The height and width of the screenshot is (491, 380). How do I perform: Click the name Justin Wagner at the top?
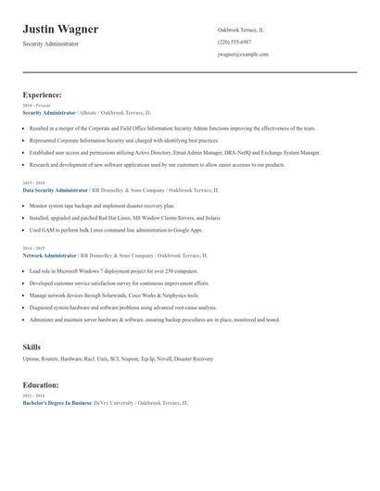pyautogui.click(x=60, y=30)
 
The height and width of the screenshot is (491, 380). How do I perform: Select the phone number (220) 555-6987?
pyautogui.click(x=234, y=42)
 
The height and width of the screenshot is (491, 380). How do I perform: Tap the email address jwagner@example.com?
pyautogui.click(x=243, y=55)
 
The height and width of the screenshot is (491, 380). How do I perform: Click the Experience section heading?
pyautogui.click(x=43, y=94)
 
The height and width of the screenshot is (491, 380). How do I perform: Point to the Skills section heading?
pyautogui.click(x=32, y=346)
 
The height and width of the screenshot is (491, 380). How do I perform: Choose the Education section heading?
pyautogui.click(x=41, y=384)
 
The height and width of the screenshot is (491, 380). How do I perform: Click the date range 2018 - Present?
pyautogui.click(x=34, y=106)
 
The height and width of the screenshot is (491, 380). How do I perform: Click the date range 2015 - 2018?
pyautogui.click(x=32, y=183)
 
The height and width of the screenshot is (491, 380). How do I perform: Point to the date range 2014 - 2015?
pyautogui.click(x=32, y=249)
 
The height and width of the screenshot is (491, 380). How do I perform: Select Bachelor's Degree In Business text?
pyautogui.click(x=57, y=404)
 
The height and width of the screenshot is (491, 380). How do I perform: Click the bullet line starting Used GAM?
pyautogui.click(x=115, y=230)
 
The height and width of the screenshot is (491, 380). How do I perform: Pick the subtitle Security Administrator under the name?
pyautogui.click(x=50, y=44)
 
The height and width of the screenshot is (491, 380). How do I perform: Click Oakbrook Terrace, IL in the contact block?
pyautogui.click(x=240, y=30)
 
